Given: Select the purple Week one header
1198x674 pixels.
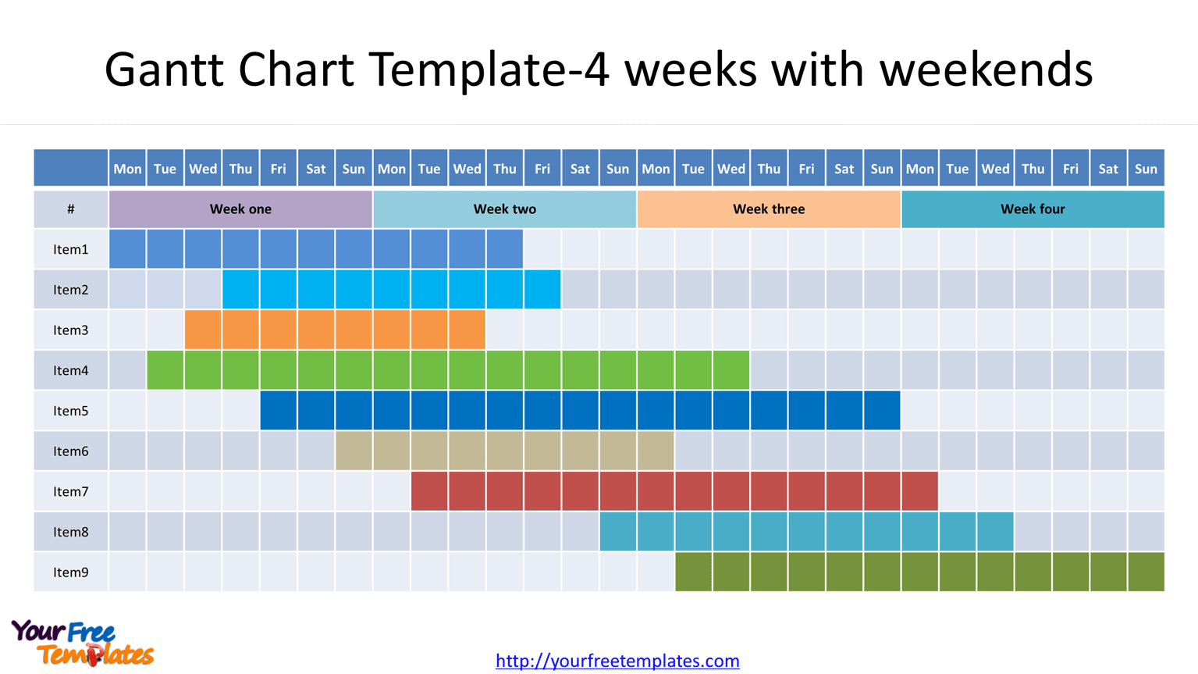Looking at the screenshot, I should point(240,209).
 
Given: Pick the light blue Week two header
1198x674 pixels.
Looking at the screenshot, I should point(504,209).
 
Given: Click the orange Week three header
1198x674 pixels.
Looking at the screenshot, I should point(769,209).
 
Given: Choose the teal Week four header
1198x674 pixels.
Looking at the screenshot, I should point(1033,209).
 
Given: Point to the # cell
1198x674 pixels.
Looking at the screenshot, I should point(71,209).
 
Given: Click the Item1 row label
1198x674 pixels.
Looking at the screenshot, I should point(71,250).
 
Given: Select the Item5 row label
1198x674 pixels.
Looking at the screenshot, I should point(71,411).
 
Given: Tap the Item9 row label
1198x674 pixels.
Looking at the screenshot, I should point(71,572).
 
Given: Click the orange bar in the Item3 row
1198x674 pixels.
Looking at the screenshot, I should point(334,330).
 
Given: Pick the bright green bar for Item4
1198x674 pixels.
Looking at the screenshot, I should point(448,371).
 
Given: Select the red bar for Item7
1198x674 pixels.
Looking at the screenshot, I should point(674,492).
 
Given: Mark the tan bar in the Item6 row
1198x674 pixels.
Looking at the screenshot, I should point(504,451).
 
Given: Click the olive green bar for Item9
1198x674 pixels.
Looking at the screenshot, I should point(919,572).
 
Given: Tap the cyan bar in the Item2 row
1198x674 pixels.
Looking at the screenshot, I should point(391,290).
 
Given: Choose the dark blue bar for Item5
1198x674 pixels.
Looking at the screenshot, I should point(580,411).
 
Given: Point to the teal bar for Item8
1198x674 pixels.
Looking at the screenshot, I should point(806,532).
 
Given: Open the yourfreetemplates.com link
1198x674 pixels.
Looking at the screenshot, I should point(617,661).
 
